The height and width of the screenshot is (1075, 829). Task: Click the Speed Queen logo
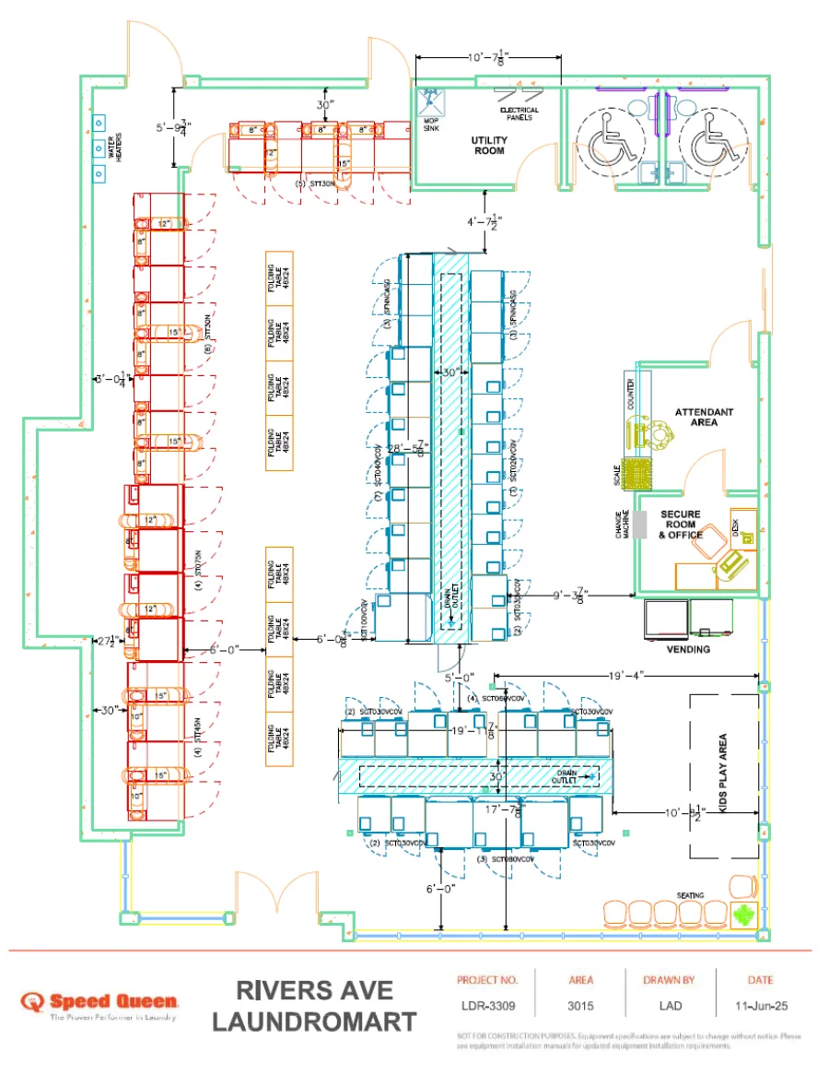click(101, 1002)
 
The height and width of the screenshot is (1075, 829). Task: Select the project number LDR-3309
click(487, 1007)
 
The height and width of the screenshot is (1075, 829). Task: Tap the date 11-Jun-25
click(761, 1007)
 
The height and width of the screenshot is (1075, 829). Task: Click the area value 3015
click(581, 1007)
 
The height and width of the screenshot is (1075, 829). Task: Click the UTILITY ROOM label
click(488, 146)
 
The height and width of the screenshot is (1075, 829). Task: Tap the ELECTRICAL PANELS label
click(520, 113)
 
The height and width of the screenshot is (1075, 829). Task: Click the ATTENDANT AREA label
click(704, 416)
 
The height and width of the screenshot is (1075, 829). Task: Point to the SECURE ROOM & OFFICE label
click(680, 525)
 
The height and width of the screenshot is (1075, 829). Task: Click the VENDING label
click(688, 649)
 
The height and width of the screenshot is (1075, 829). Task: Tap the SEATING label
click(689, 894)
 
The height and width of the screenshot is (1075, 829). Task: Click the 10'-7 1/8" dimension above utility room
click(488, 58)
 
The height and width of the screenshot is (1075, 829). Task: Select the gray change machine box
click(640, 524)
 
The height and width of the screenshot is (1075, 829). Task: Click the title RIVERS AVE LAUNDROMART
click(313, 1006)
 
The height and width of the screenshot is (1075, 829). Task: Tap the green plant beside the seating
click(743, 916)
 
